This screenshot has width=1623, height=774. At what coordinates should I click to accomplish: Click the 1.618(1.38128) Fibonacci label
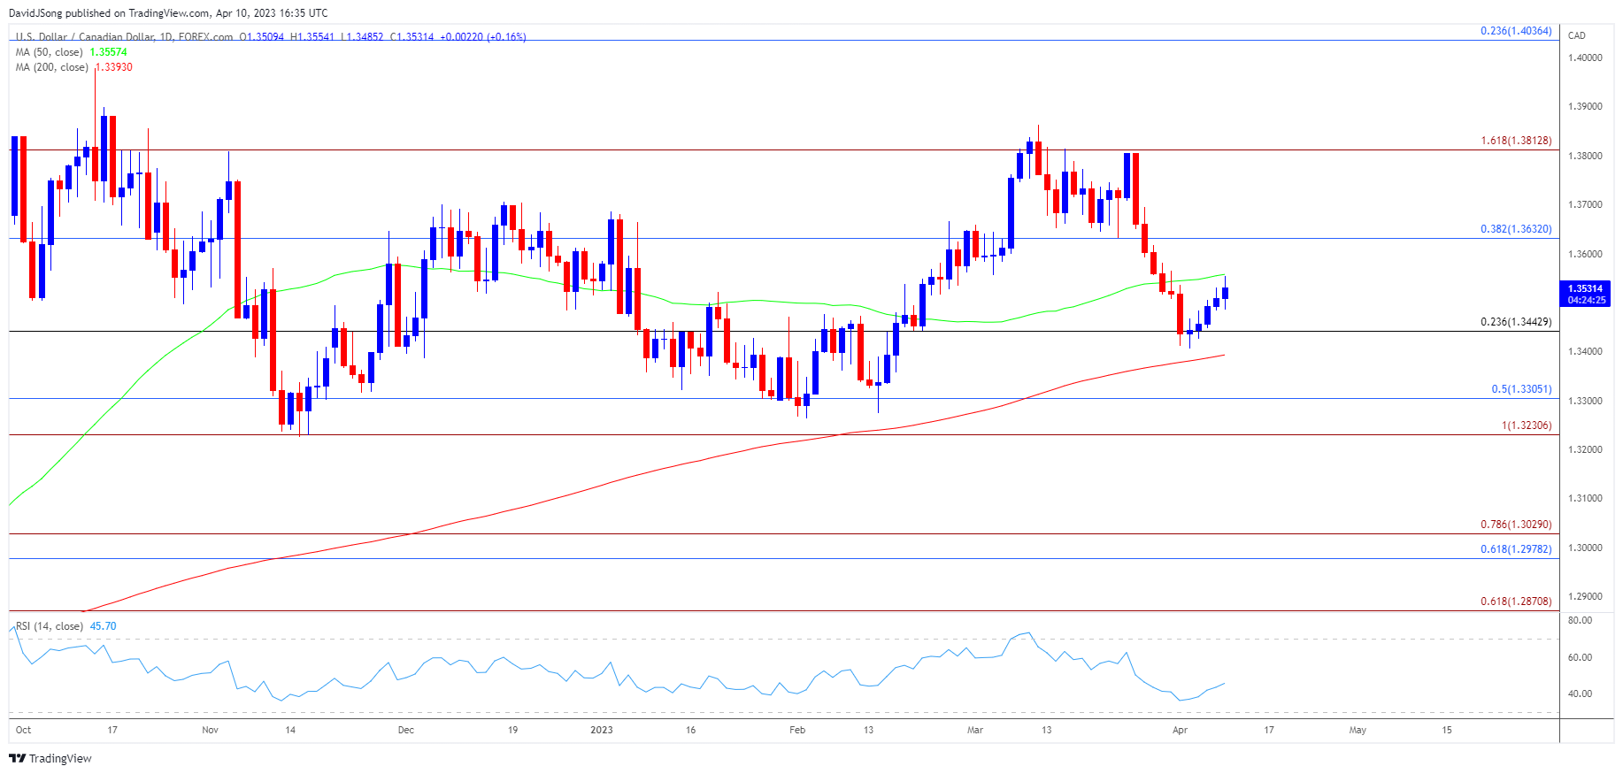(1516, 141)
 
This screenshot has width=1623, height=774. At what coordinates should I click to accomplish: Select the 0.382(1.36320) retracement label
(1516, 229)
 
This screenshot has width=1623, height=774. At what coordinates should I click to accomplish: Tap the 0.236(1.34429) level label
(1516, 322)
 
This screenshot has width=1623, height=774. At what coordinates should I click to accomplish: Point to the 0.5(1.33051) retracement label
(1521, 389)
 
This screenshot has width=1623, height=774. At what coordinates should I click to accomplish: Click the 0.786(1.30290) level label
(1516, 525)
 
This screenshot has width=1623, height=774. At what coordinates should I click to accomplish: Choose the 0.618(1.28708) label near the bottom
(1516, 602)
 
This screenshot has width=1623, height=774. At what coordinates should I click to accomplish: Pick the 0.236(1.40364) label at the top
(1516, 31)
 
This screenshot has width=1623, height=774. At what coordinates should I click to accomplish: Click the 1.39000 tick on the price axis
(1585, 107)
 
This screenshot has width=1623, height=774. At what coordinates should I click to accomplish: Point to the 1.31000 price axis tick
(1585, 499)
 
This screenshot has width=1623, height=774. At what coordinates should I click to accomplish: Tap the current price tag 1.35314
(1585, 289)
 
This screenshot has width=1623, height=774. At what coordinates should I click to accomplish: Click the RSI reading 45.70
(103, 626)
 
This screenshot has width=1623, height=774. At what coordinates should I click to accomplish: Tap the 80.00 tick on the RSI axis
(1580, 621)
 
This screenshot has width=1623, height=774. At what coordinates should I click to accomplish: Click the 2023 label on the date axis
(602, 731)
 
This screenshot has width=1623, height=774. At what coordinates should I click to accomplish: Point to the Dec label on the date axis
(405, 731)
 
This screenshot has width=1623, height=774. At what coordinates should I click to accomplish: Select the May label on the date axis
(1358, 731)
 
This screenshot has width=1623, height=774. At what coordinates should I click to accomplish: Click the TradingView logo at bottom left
(50, 759)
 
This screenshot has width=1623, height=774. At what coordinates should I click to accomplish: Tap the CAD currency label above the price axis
(1577, 36)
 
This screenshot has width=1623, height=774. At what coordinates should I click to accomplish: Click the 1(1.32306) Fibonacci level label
(1526, 426)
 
